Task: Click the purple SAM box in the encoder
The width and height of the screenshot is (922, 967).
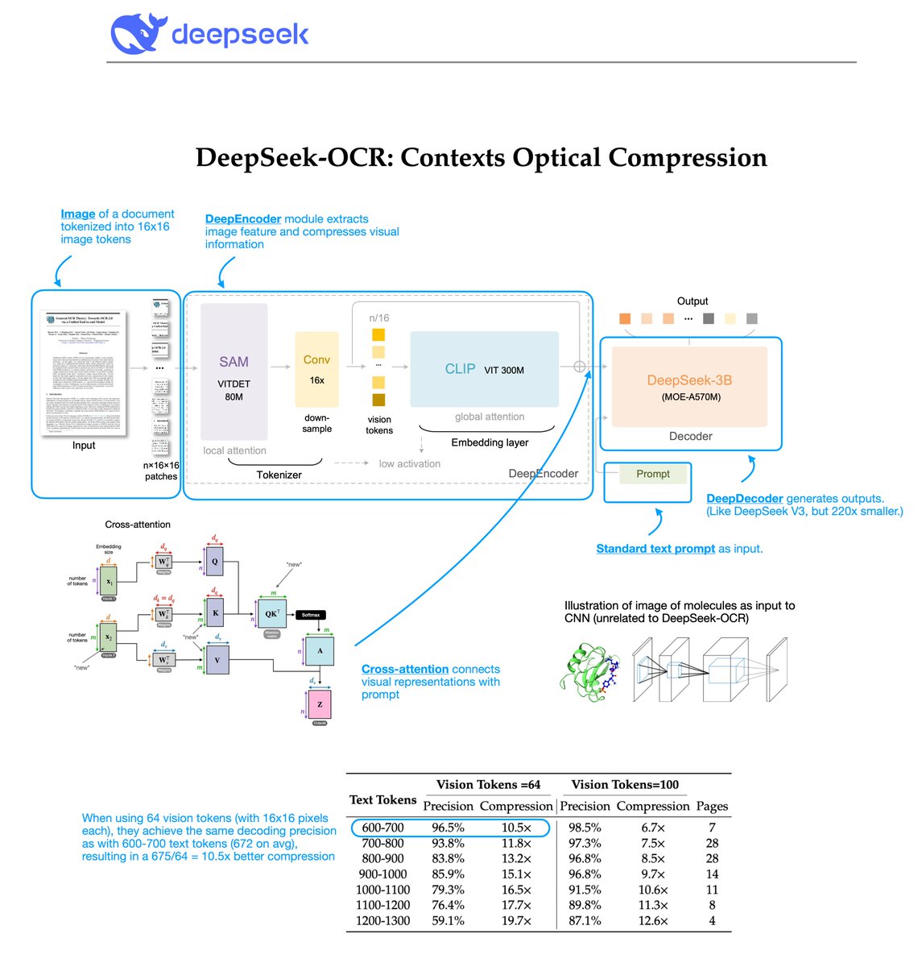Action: point(234,371)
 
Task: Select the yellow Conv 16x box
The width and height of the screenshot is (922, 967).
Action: point(316,370)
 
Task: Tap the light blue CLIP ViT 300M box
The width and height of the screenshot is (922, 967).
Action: point(484,369)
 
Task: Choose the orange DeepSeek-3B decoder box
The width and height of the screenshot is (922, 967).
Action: point(689,386)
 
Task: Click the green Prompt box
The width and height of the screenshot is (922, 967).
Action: point(652,474)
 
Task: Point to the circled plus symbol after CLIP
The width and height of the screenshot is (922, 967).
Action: point(579,367)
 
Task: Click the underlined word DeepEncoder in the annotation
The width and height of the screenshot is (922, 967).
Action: point(242,219)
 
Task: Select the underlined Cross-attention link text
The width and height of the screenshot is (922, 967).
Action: point(405,669)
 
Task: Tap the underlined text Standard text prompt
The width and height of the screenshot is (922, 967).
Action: point(655,549)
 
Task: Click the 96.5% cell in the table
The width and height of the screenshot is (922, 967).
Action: point(448,828)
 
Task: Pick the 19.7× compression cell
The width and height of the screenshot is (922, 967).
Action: point(516,920)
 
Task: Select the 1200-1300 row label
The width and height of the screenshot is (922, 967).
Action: point(383,920)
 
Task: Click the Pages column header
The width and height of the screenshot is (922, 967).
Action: point(712,806)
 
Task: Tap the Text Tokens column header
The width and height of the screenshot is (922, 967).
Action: point(382,799)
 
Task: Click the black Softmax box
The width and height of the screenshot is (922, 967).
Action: point(311,615)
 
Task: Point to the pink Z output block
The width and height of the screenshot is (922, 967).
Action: point(320,704)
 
